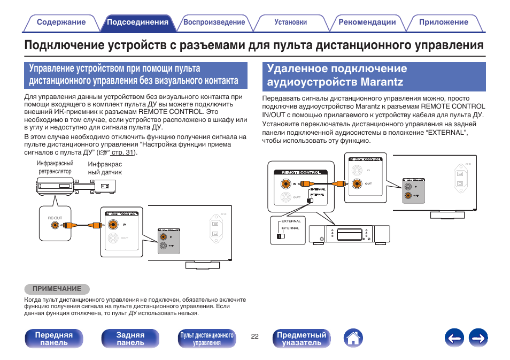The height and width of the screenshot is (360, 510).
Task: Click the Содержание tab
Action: click(x=61, y=22)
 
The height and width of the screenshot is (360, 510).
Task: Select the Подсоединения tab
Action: click(x=137, y=22)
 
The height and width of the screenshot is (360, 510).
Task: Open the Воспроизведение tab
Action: click(x=214, y=22)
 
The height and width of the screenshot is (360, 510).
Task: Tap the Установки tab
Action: click(x=290, y=22)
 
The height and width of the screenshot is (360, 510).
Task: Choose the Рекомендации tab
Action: click(x=367, y=22)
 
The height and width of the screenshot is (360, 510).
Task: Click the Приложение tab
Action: click(x=443, y=22)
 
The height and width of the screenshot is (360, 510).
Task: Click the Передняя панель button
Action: click(x=54, y=339)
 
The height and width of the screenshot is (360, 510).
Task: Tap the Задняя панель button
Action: click(x=130, y=339)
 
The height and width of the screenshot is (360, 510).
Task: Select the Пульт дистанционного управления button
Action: click(x=207, y=339)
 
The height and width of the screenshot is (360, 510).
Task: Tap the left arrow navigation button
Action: click(x=454, y=338)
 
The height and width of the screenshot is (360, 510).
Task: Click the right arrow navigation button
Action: click(x=479, y=338)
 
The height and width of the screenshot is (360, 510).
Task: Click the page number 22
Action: click(x=254, y=336)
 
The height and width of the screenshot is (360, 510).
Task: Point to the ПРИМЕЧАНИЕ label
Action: click(x=57, y=289)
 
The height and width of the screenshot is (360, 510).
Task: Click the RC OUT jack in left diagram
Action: click(x=55, y=225)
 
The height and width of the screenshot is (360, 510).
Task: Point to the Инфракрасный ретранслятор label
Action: click(x=55, y=167)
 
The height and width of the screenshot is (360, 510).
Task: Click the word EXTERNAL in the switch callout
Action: click(x=291, y=221)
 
